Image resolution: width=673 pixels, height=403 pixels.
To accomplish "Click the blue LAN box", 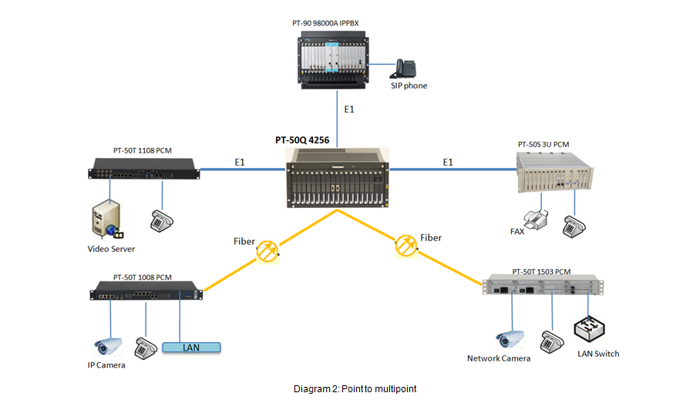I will coord(191,348).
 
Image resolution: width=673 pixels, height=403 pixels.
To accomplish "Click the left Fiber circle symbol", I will coord(268,250).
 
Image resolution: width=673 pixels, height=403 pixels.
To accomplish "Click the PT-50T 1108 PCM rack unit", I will coord(145,168).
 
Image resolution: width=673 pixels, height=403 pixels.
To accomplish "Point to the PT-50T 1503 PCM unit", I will coord(541,287).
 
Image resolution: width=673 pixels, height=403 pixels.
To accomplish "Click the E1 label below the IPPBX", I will coord(349,110).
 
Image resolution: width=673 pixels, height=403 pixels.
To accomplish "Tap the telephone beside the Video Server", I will coord(161,220).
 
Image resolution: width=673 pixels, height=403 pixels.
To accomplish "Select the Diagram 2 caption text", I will coord(355,388).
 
